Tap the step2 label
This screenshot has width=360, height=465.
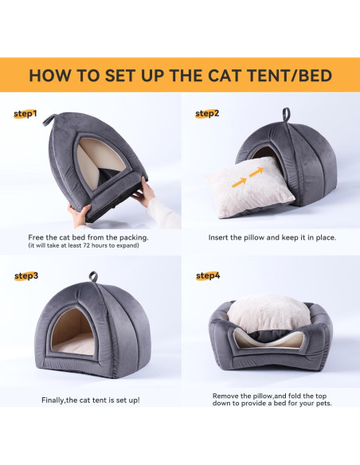pyautogui.click(x=207, y=113)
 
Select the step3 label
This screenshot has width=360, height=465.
pyautogui.click(x=26, y=275)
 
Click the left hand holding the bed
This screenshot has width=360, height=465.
pyautogui.click(x=82, y=213)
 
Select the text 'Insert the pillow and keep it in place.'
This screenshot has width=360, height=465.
pyautogui.click(x=272, y=237)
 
